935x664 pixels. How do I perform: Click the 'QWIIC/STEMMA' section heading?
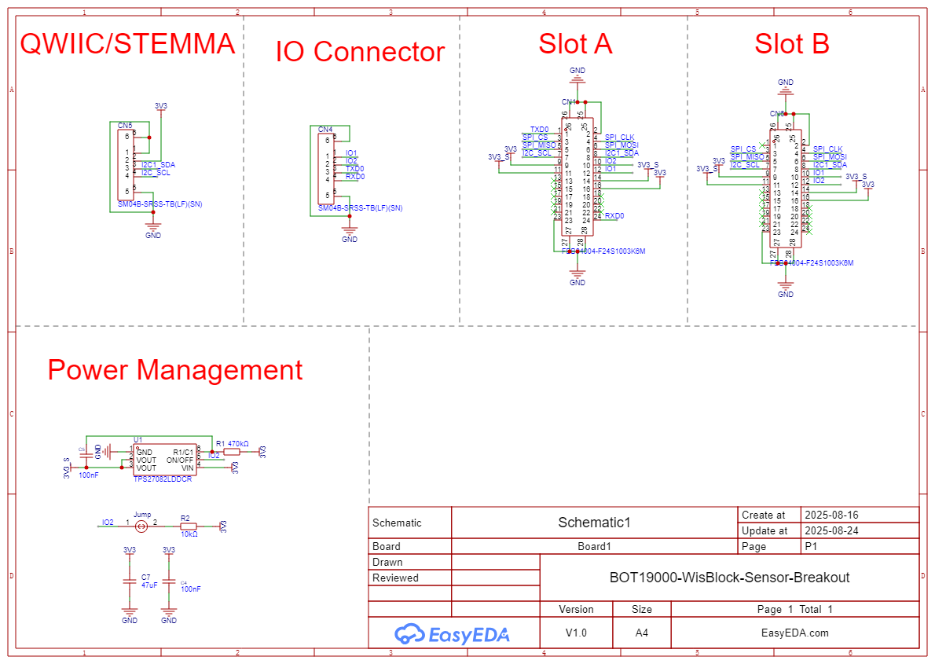(x=127, y=44)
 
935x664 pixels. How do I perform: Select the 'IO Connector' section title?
(x=360, y=52)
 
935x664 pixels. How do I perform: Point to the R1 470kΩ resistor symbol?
(x=232, y=452)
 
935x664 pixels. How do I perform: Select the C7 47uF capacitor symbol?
(x=130, y=581)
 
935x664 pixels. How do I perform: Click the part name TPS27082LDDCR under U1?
(x=163, y=479)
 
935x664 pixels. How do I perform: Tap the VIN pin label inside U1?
(x=187, y=468)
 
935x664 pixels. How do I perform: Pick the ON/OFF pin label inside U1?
(x=180, y=460)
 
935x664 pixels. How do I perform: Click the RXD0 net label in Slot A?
(x=614, y=215)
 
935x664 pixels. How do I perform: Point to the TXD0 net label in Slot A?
(x=539, y=129)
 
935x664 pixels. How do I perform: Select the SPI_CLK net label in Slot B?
(x=827, y=149)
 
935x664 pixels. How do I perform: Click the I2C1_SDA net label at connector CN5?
(x=158, y=164)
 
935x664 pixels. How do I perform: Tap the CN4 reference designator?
(x=324, y=129)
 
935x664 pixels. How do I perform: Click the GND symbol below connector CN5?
(x=153, y=230)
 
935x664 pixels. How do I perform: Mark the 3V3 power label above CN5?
(x=160, y=105)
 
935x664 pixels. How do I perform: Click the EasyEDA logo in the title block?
(x=452, y=633)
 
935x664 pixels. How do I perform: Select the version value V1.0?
(x=576, y=633)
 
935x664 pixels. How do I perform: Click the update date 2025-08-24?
(x=831, y=530)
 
